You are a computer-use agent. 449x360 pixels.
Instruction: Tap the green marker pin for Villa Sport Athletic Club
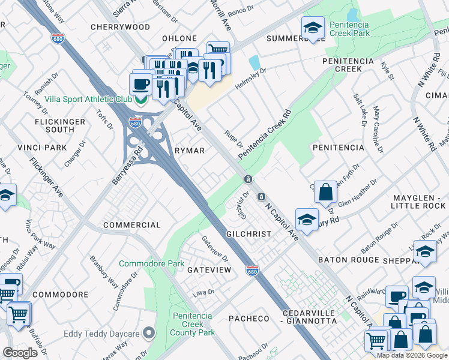(141, 100)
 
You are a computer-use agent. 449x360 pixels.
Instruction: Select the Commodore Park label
(151, 263)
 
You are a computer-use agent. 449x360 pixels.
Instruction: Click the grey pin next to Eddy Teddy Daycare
(150, 334)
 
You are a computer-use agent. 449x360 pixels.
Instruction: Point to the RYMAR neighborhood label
(189, 151)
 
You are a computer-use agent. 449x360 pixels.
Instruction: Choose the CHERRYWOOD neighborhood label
(120, 27)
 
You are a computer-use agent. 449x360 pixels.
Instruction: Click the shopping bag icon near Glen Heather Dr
(325, 193)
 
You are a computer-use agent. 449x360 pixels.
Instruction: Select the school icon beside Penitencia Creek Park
(312, 28)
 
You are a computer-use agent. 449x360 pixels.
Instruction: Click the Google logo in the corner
(20, 353)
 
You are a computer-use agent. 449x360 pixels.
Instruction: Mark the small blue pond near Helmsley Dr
(255, 62)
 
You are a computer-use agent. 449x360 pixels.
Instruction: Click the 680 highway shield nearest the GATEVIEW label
(253, 271)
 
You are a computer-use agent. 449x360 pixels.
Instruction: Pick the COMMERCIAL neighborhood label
(132, 225)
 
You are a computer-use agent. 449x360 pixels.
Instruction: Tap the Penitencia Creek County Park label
(193, 324)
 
